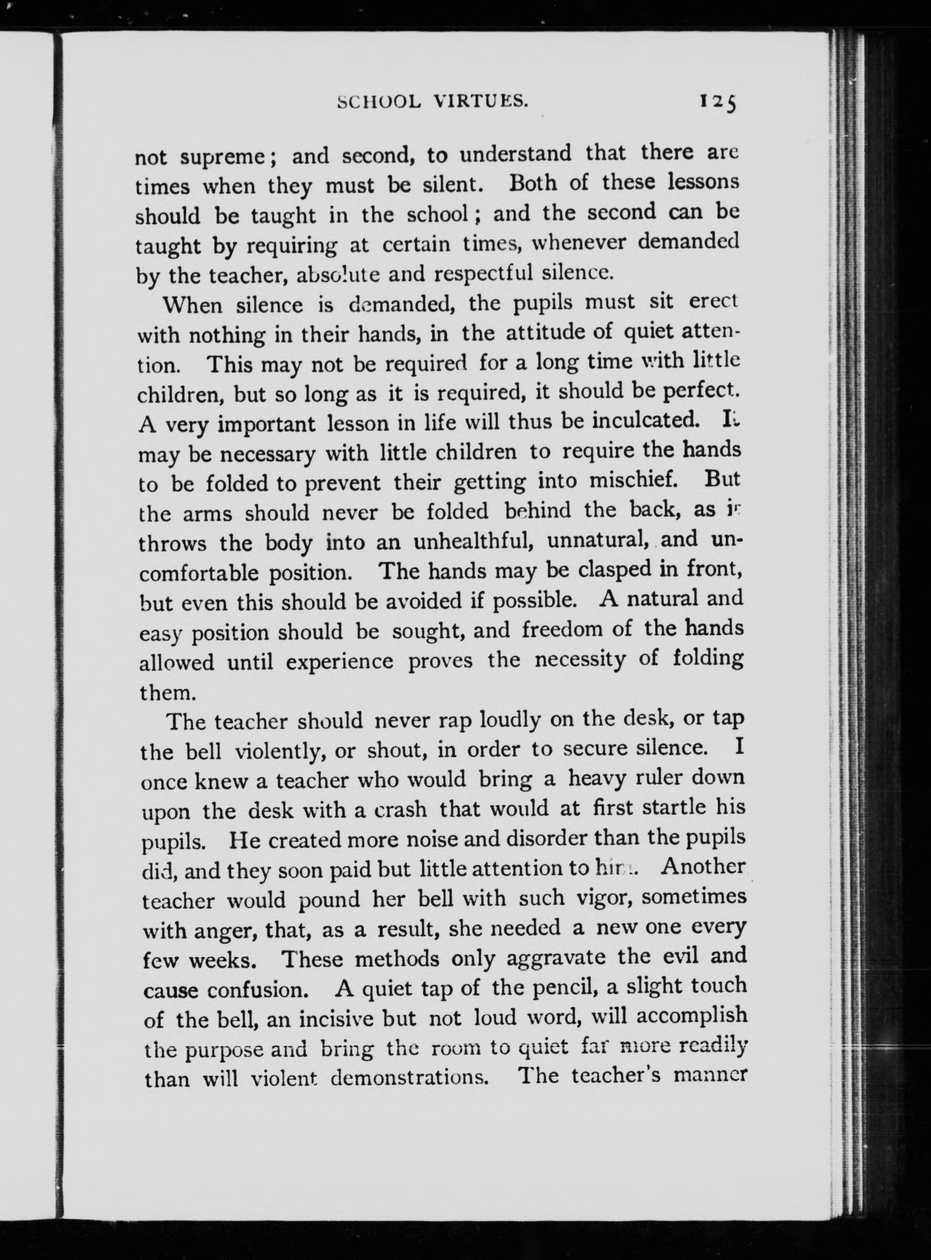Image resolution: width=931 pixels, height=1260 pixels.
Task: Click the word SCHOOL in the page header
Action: (378, 102)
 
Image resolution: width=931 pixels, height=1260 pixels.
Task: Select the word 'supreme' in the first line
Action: (227, 157)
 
